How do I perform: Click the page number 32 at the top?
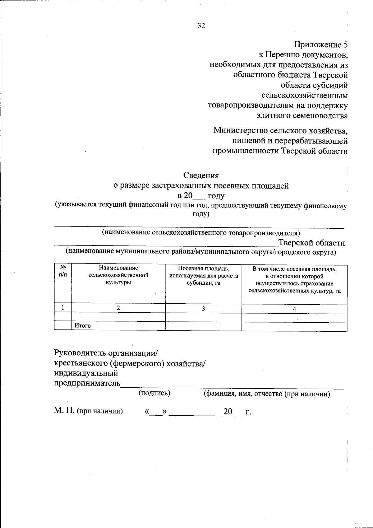[201, 26]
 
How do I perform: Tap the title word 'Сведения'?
[201, 176]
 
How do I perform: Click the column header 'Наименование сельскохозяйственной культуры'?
[118, 275]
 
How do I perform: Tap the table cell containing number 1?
[62, 308]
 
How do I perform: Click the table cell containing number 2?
[118, 308]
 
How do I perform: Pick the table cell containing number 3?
[203, 309]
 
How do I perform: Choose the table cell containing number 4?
[294, 309]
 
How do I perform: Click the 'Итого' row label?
[83, 326]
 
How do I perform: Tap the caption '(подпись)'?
[154, 393]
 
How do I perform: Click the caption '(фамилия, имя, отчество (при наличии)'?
[266, 394]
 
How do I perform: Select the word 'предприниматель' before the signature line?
[87, 383]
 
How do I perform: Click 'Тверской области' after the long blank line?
[311, 243]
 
